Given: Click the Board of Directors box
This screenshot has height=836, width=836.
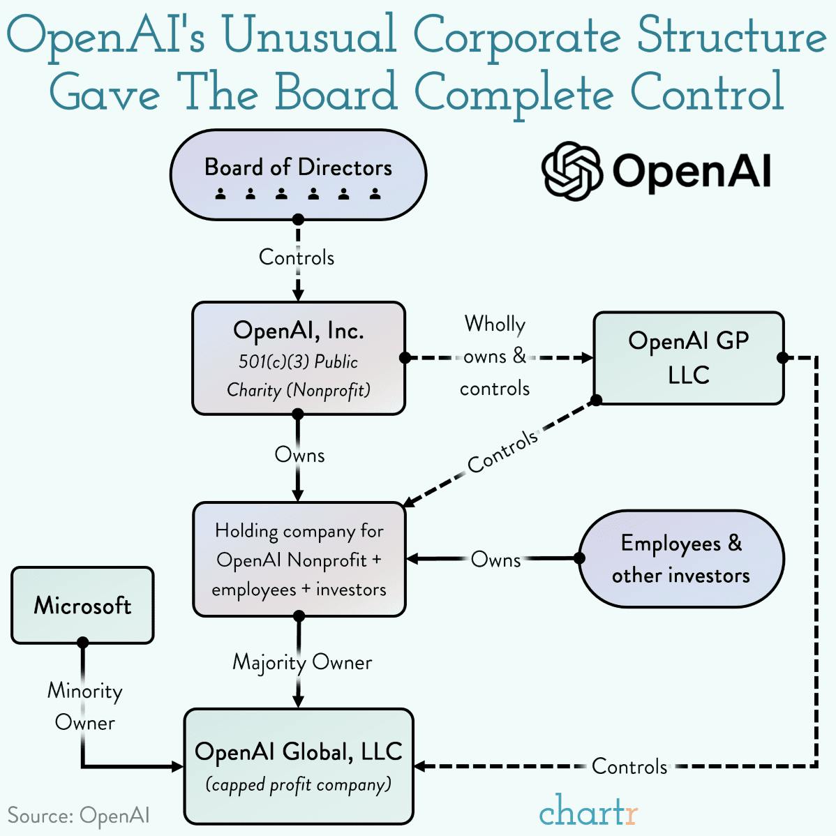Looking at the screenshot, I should (298, 174).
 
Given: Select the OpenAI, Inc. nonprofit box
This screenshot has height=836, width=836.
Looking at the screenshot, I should (299, 359).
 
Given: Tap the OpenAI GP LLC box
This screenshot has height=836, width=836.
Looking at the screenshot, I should (688, 358).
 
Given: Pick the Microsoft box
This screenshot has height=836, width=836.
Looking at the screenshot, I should (82, 604).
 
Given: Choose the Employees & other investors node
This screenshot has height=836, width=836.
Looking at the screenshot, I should (681, 559).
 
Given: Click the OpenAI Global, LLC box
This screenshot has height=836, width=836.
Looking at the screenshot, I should (299, 766).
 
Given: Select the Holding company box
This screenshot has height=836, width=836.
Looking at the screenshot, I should (299, 560).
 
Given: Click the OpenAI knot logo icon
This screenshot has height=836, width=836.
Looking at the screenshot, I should (572, 171).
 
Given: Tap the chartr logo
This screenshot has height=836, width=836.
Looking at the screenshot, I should (588, 811).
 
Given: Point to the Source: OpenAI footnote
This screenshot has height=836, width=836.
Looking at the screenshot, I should (78, 815).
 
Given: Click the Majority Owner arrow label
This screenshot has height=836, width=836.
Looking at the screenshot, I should (302, 662).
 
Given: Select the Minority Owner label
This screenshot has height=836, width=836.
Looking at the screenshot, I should (84, 706).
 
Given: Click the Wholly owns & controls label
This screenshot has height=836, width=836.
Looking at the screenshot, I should (495, 356).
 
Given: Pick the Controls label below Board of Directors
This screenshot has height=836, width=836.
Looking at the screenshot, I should (297, 257).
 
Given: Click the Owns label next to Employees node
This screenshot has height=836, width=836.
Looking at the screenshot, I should (495, 560).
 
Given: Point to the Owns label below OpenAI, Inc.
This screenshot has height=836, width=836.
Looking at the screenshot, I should (299, 455).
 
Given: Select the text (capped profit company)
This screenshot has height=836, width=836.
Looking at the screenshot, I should (299, 785).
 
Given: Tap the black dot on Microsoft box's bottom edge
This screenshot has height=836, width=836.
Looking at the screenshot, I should (82, 642).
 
